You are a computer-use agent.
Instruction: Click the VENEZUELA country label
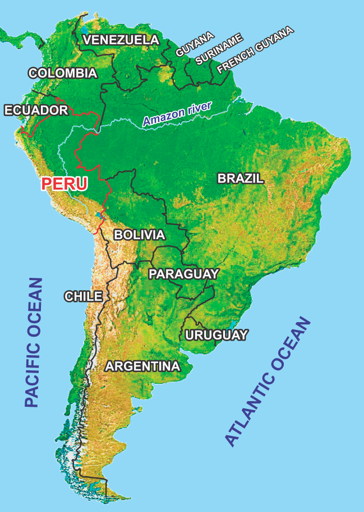[121, 40]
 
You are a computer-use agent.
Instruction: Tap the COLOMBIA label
[63, 73]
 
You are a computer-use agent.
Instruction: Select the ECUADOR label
[36, 110]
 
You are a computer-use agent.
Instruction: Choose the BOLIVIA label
[139, 235]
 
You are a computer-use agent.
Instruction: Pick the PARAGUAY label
[183, 274]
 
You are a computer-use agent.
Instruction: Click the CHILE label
[83, 296]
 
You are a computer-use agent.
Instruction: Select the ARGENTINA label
[143, 366]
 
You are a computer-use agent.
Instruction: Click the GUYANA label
[195, 44]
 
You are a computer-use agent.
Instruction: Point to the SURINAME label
[219, 49]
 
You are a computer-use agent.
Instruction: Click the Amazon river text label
[177, 114]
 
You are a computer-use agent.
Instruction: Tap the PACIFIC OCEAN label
[34, 342]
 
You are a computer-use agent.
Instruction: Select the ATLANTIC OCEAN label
[268, 382]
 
